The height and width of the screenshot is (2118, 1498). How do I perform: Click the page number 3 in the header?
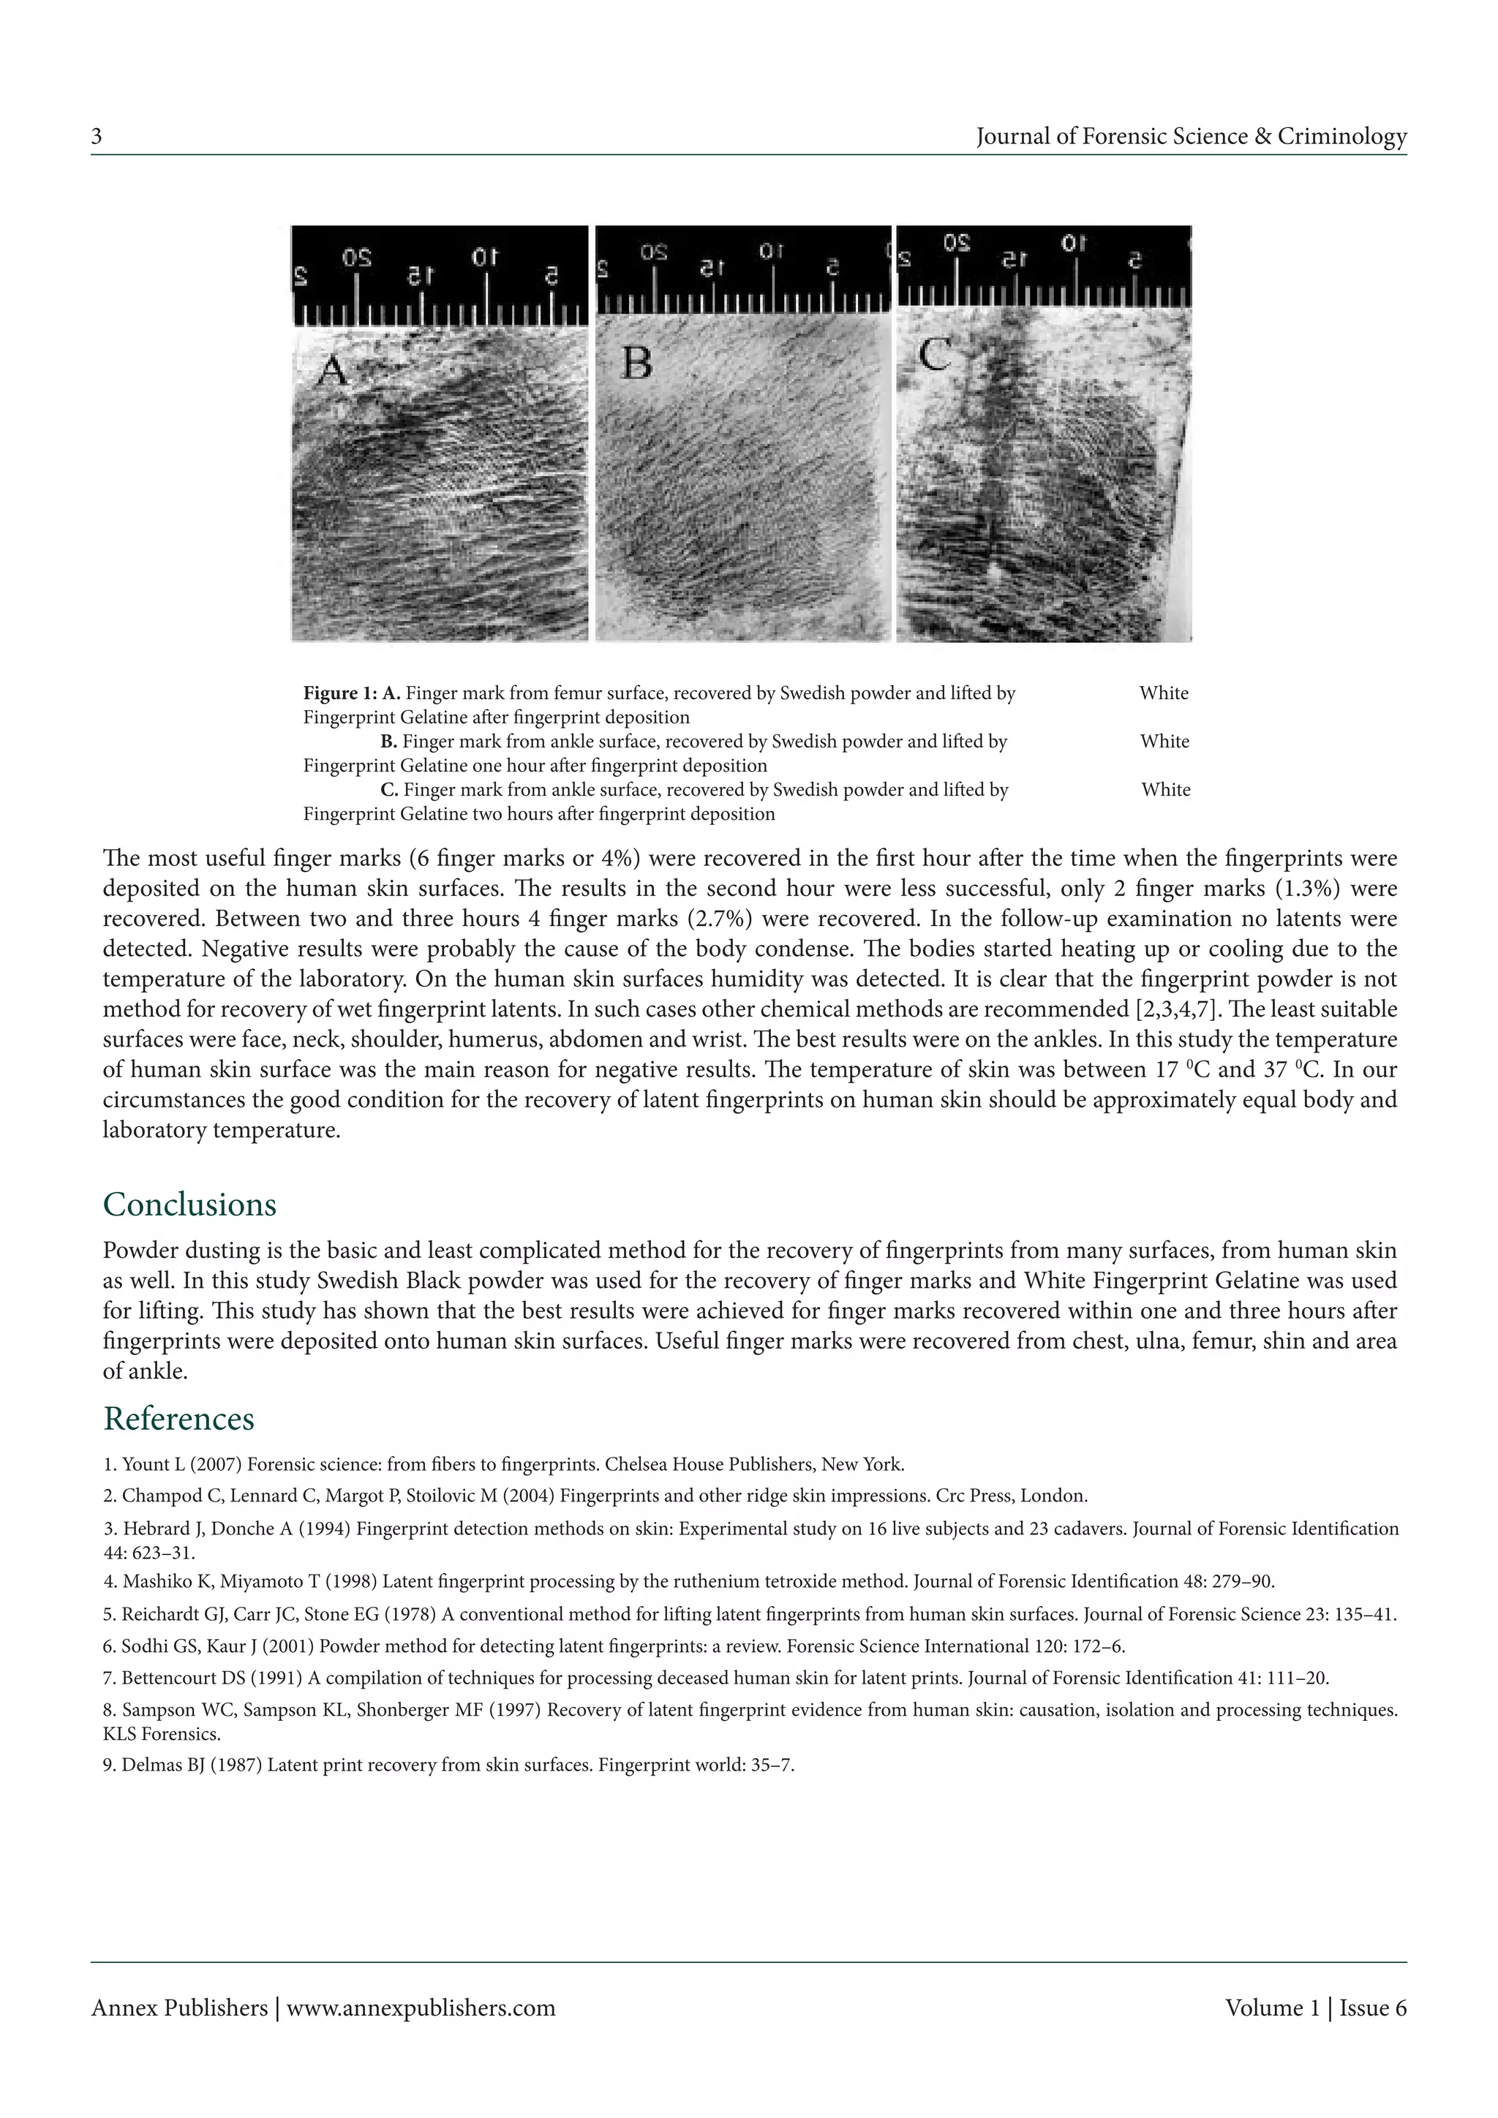pos(96,137)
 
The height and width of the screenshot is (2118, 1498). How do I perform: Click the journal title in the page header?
pos(1191,137)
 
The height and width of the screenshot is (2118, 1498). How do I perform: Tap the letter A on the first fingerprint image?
pos(332,372)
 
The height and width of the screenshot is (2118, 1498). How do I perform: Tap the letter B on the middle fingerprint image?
pos(636,363)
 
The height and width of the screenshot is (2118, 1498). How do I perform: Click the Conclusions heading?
pos(189,1205)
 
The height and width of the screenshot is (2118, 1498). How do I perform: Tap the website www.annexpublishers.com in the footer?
pos(421,2008)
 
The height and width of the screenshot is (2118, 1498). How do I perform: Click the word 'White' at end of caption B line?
pos(1164,742)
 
